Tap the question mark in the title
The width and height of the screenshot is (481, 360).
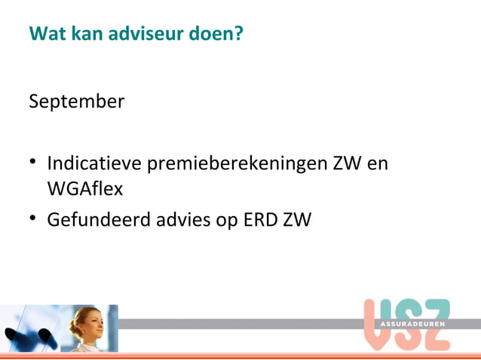[238, 34]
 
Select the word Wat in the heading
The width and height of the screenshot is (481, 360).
[44, 34]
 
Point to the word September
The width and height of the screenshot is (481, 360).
[76, 101]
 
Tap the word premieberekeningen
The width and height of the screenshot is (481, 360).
[237, 163]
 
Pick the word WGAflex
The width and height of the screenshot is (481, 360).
[84, 190]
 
